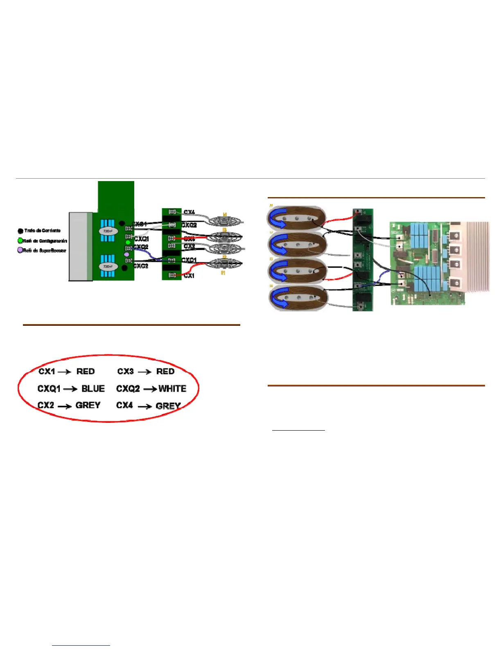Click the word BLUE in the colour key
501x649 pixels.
93,388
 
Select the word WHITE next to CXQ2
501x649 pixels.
172,388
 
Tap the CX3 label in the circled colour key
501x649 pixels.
125,371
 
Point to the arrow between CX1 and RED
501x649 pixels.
65,372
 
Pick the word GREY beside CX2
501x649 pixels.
88,405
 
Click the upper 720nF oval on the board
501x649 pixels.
108,231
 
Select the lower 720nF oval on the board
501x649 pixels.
108,266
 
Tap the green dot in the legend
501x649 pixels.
20,241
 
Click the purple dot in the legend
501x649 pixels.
20,250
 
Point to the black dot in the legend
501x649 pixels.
20,231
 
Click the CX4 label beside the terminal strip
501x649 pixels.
189,212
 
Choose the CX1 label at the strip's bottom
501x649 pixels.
189,276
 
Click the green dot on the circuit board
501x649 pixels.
128,243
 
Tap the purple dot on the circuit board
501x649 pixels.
126,254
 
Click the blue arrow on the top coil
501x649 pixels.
276,218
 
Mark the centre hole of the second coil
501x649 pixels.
298,245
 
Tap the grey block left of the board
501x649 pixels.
81,246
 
